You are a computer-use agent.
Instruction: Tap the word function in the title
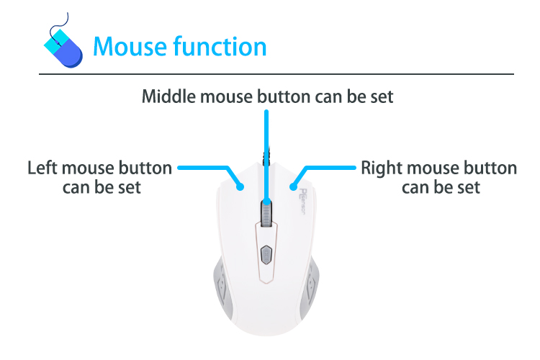click(x=220, y=46)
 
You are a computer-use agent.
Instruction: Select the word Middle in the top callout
click(x=168, y=96)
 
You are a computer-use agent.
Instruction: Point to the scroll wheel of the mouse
click(x=266, y=214)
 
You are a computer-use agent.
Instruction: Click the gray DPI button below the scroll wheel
click(x=266, y=255)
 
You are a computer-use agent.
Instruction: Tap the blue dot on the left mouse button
click(x=240, y=187)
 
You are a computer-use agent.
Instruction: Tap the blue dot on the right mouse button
click(x=293, y=187)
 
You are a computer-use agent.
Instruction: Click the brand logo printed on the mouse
click(x=302, y=202)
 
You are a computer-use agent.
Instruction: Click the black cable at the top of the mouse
click(x=266, y=157)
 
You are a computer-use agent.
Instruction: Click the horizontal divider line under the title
click(x=276, y=73)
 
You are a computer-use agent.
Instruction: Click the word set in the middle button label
click(x=382, y=96)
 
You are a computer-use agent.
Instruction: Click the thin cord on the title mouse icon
click(x=58, y=28)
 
